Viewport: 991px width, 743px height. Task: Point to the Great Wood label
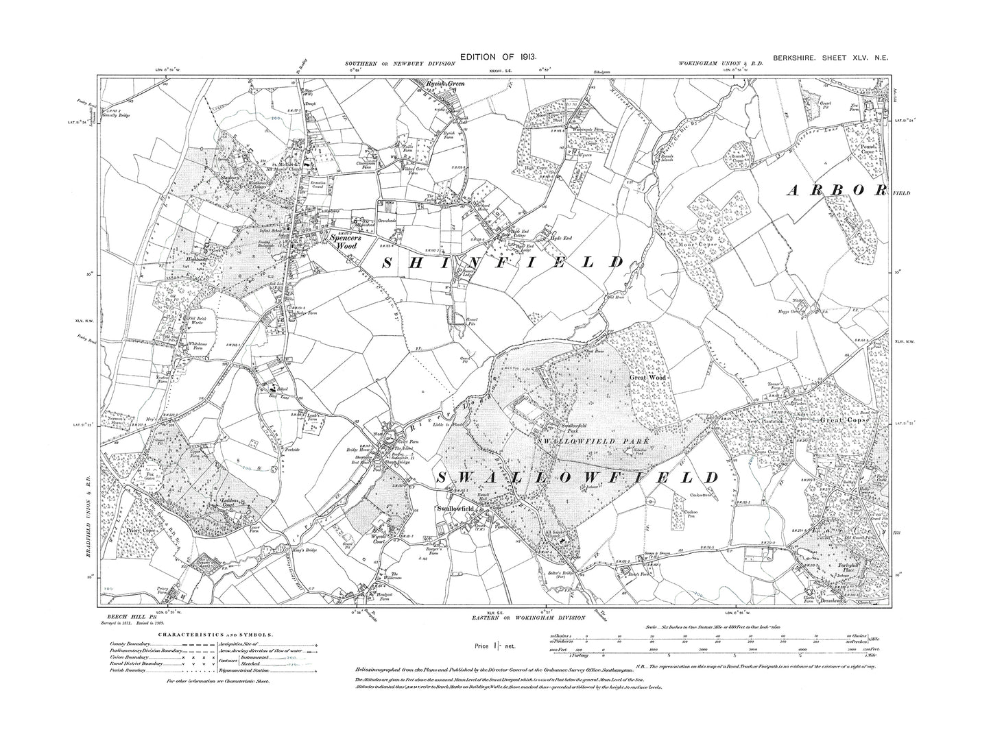pos(648,378)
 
